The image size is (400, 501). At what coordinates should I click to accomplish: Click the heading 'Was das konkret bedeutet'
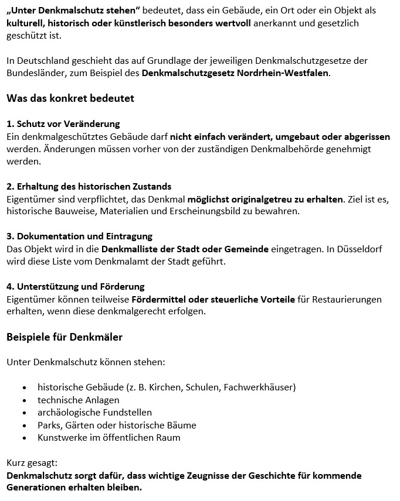click(x=70, y=98)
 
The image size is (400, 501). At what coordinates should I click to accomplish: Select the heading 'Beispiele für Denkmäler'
click(x=65, y=337)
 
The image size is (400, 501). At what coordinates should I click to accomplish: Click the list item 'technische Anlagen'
click(x=79, y=400)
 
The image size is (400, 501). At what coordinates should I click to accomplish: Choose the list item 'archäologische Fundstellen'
click(x=94, y=413)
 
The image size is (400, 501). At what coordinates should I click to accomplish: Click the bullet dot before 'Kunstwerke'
click(x=24, y=438)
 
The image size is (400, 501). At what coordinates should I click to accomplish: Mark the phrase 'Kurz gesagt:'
click(x=30, y=463)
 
